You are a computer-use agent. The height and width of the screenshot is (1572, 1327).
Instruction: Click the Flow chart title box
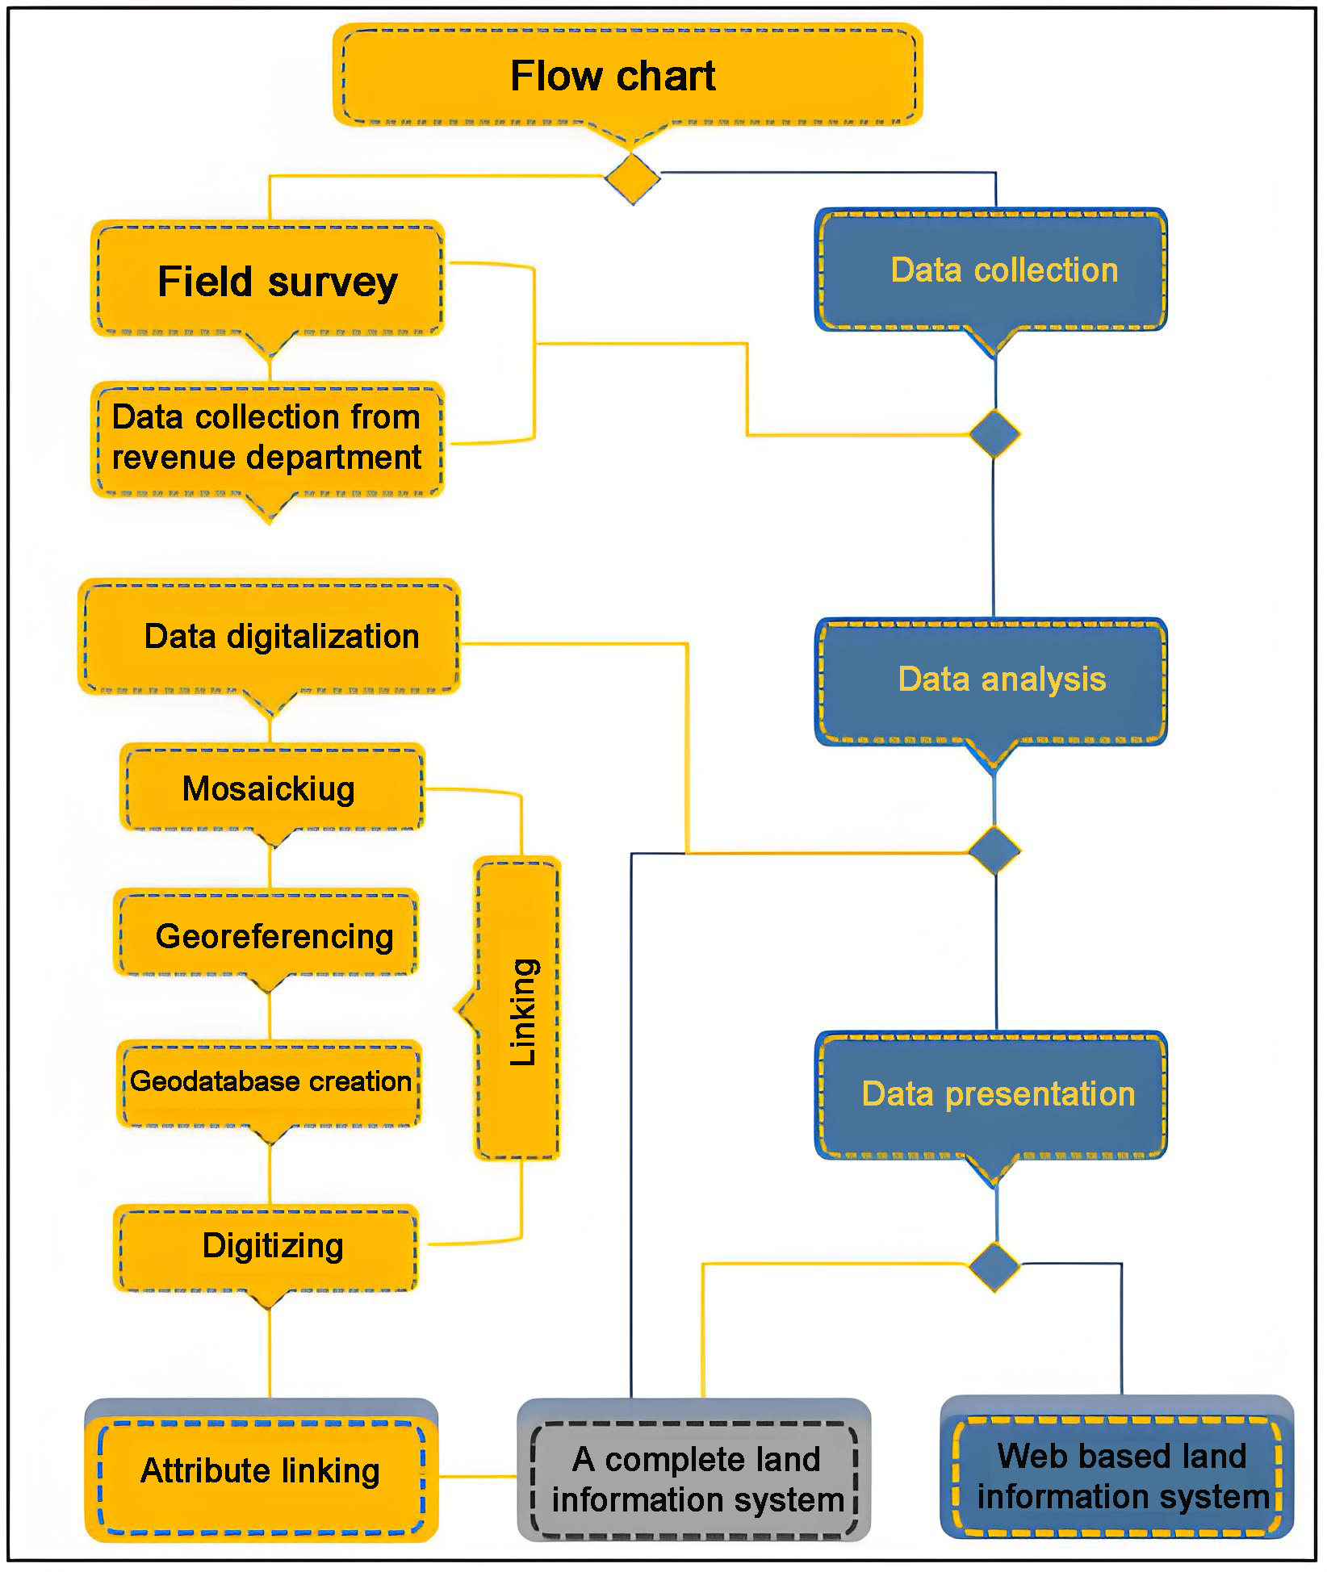click(x=628, y=75)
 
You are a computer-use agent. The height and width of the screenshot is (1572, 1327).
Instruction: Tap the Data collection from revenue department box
click(x=267, y=438)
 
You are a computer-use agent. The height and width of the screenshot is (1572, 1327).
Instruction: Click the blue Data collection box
click(x=992, y=270)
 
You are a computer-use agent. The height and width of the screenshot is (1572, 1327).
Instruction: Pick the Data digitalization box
click(x=270, y=637)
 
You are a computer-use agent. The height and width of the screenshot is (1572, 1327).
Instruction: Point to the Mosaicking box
click(x=272, y=788)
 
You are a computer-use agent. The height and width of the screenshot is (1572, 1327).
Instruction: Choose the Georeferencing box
click(x=266, y=934)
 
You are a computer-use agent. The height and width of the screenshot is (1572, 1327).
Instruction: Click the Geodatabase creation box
click(x=269, y=1082)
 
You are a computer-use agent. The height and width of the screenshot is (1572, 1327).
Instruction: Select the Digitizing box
click(x=266, y=1247)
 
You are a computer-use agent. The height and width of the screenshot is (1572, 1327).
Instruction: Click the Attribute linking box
click(x=261, y=1471)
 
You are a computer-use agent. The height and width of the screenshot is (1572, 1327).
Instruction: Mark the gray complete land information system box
click(x=694, y=1478)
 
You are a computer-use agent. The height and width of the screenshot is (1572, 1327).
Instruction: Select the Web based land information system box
click(x=1118, y=1475)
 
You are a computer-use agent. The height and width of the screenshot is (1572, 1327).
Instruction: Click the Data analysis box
click(x=992, y=680)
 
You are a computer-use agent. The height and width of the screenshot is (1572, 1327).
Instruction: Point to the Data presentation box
click(x=992, y=1095)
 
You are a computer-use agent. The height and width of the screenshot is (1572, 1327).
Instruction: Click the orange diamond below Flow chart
click(x=633, y=178)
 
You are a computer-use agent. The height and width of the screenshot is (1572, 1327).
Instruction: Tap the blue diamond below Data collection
click(x=994, y=433)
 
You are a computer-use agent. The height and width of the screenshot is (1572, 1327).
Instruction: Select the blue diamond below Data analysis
click(x=994, y=850)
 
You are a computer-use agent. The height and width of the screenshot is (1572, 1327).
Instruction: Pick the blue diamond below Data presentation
click(x=994, y=1266)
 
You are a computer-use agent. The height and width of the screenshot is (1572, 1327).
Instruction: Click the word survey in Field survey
click(x=333, y=282)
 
